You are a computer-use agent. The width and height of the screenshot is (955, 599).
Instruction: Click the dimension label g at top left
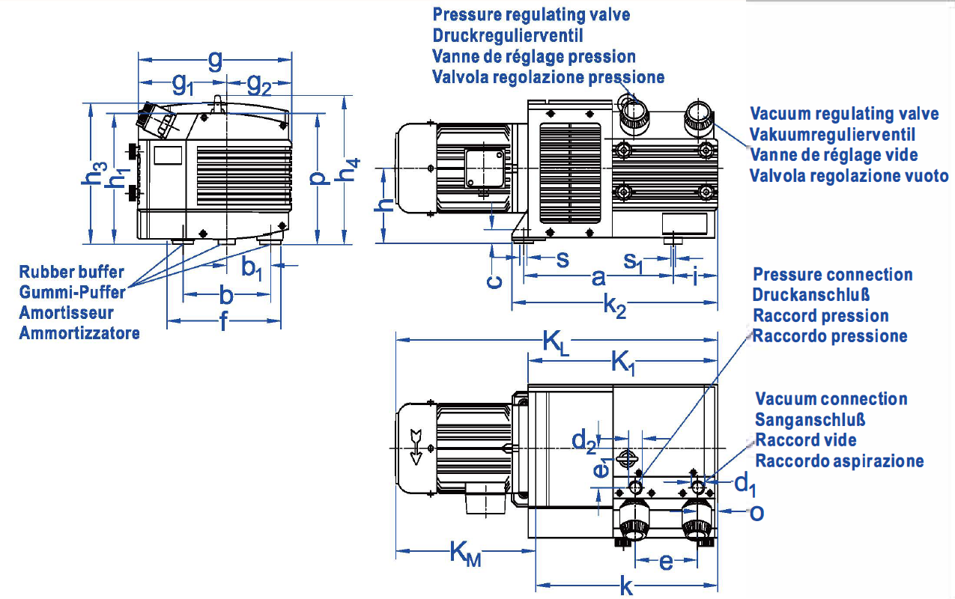215,60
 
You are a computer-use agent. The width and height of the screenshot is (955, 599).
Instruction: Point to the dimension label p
318,177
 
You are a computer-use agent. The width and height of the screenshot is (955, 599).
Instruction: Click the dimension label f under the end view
223,323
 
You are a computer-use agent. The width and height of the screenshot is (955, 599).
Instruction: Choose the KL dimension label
554,344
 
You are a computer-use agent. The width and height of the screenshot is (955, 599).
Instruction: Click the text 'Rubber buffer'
72,272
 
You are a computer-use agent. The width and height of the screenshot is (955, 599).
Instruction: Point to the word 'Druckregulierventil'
508,35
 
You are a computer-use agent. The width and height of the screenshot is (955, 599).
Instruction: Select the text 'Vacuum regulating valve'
844,114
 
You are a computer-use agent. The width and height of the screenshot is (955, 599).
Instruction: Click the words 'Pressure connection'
832,275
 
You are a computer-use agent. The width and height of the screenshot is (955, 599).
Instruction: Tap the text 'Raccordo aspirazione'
839,461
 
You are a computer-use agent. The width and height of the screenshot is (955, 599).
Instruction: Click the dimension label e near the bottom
666,562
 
